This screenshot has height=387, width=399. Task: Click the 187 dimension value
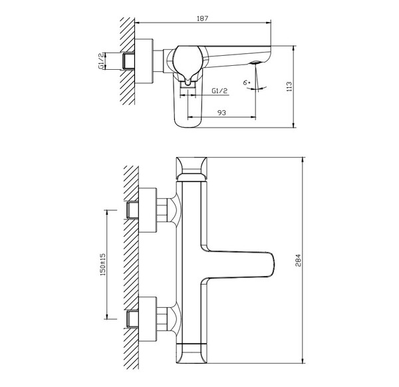pyautogui.click(x=203, y=19)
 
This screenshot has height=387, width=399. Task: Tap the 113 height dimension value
pyautogui.click(x=289, y=86)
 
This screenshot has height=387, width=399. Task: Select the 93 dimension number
pyautogui.click(x=222, y=113)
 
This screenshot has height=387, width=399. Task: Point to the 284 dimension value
pyautogui.click(x=298, y=260)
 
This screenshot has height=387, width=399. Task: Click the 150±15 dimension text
pyautogui.click(x=102, y=265)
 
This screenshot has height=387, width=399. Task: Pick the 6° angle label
pyautogui.click(x=247, y=82)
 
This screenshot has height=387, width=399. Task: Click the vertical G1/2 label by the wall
pyautogui.click(x=101, y=61)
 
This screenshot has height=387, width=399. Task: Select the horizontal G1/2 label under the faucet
pyautogui.click(x=219, y=91)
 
